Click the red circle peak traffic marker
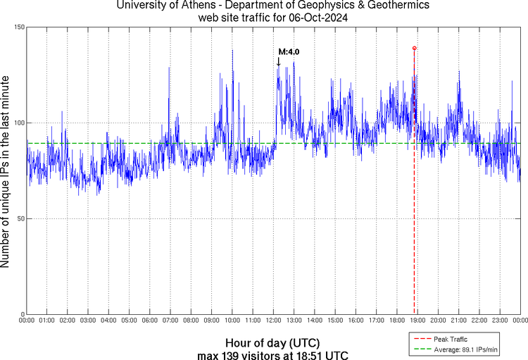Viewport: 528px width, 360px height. (414, 48)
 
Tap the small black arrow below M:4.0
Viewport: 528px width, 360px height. (278, 62)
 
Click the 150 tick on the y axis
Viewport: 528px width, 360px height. (19, 27)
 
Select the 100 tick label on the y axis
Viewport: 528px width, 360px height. (19, 123)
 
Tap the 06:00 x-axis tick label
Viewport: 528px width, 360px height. (151, 321)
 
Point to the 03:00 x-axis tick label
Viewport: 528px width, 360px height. (89, 321)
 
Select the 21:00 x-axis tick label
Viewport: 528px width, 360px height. (459, 321)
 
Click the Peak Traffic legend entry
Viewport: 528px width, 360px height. (451, 340)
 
